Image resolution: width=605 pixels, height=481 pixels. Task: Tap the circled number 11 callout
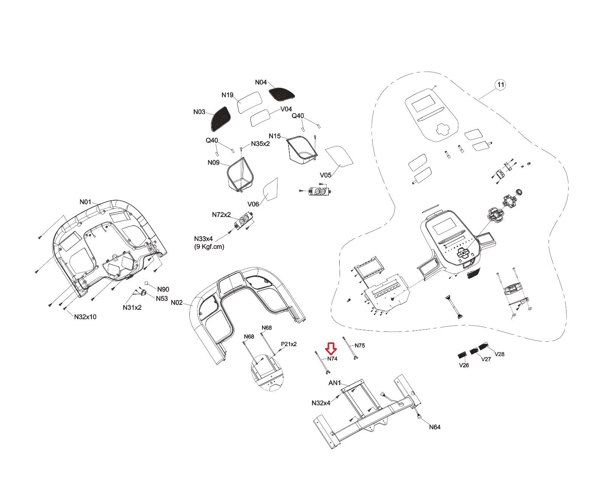[500, 84]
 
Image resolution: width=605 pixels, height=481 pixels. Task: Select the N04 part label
[261, 82]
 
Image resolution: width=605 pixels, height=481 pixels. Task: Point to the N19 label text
[227, 95]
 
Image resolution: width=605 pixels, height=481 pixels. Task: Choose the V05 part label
[326, 175]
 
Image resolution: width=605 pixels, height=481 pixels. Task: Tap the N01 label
[85, 202]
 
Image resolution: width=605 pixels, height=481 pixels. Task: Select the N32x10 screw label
[85, 317]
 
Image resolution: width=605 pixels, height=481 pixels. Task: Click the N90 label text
[163, 289]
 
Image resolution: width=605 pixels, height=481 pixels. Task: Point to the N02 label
[177, 303]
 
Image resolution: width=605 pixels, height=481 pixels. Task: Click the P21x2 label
[289, 344]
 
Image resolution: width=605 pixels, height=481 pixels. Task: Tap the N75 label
[360, 345]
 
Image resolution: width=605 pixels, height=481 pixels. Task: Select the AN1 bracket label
[335, 383]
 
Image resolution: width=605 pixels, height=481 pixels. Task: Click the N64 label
[434, 427]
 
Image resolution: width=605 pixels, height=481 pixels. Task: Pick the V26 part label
[464, 365]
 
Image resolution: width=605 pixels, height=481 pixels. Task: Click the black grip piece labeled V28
[484, 346]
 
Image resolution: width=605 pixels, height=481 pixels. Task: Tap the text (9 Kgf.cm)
[209, 247]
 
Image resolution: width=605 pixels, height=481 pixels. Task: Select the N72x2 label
[221, 215]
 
